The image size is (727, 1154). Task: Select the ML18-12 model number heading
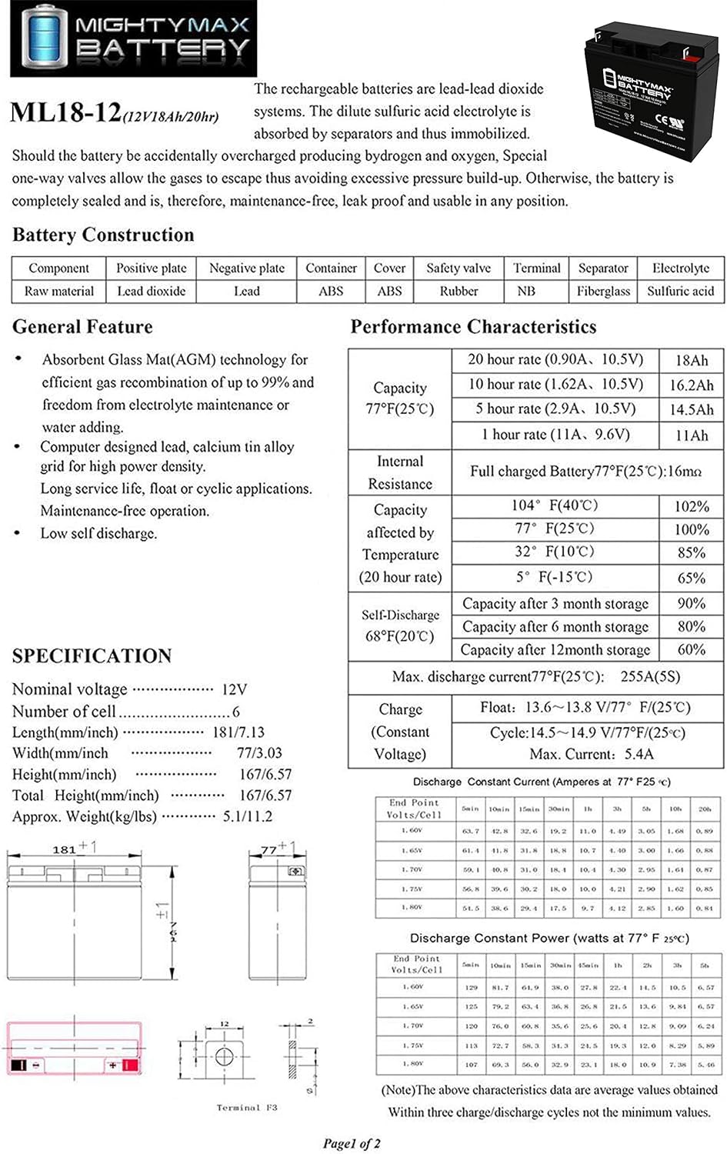pos(65,113)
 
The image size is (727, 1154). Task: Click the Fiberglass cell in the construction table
pos(603,291)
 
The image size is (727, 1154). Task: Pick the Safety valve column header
pos(459,268)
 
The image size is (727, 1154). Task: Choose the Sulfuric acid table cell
pos(680,291)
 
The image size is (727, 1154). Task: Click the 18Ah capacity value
pos(691,360)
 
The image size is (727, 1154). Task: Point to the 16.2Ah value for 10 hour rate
pos(691,385)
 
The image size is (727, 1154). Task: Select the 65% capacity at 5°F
pos(691,578)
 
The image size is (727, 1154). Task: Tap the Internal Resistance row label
pos(400,472)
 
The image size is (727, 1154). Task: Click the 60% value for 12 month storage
pos(691,649)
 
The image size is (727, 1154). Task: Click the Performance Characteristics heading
pos(473,327)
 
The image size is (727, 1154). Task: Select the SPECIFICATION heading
pos(92,656)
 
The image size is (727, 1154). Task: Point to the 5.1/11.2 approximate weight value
pos(248,816)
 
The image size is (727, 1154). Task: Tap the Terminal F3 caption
pos(246,1107)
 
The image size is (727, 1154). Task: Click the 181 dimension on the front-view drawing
pos(65,849)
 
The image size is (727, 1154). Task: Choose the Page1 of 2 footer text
pos(352,1143)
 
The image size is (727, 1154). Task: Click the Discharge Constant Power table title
pos(549,938)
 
